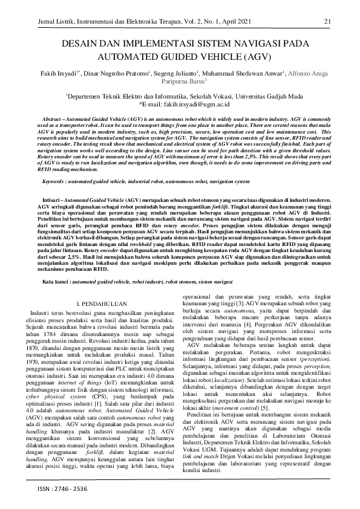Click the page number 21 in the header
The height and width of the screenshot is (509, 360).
click(327, 22)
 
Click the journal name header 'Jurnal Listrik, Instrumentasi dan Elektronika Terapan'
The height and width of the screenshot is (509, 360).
click(94, 22)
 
